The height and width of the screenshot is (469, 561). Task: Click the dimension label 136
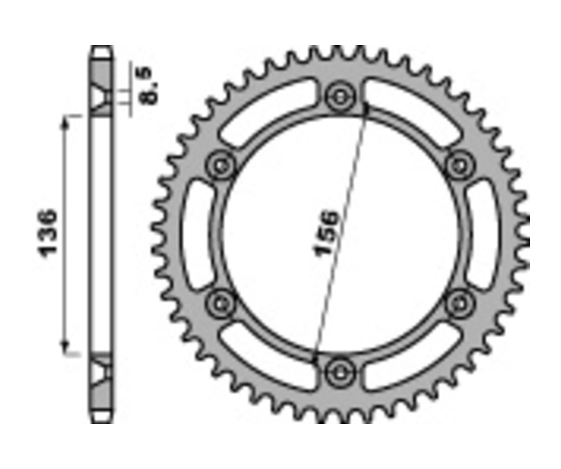(x=49, y=233)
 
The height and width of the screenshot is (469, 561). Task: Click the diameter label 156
(x=327, y=234)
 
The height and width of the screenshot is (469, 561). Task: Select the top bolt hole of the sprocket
(x=340, y=96)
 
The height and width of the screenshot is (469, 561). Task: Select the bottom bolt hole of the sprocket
(x=340, y=372)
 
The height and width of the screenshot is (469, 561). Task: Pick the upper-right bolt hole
(x=459, y=165)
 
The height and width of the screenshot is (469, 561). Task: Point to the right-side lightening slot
(x=484, y=234)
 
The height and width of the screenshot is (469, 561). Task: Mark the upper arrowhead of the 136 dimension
(x=64, y=122)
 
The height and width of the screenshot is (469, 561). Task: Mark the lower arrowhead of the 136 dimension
(x=64, y=346)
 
